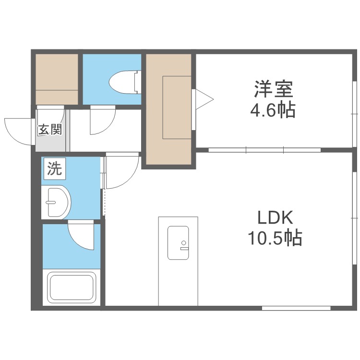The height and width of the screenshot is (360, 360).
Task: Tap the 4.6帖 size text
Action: tap(272, 111)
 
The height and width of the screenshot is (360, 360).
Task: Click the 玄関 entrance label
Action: tap(50, 129)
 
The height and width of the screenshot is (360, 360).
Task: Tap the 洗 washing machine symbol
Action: tap(54, 169)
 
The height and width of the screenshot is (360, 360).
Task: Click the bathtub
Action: tap(72, 287)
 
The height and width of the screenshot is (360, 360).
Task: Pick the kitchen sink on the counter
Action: tap(179, 242)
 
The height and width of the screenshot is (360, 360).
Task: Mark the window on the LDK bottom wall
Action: tap(296, 308)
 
